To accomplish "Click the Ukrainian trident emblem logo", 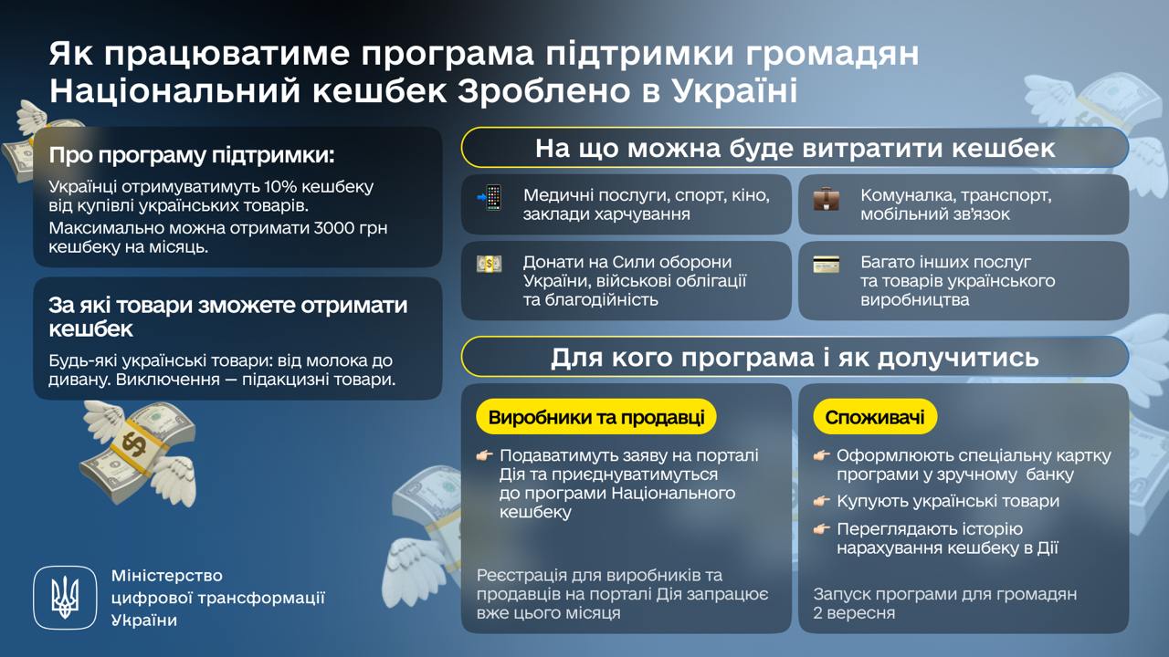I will coord(64,598).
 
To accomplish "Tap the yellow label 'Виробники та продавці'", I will coord(595,418).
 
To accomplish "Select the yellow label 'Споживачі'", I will coord(874,418).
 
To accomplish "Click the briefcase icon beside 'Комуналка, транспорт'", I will coord(826,198).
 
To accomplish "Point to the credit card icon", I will coord(826,265).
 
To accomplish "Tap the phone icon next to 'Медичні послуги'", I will coord(490,198).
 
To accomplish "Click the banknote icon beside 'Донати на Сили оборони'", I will coord(490,265).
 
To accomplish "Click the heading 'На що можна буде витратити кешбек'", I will coord(795,148).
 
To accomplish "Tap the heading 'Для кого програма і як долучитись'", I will coord(795,357).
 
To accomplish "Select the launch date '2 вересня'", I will coord(854,613).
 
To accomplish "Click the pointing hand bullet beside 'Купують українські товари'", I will coord(822,502).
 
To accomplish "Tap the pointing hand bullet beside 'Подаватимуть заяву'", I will coord(484,455).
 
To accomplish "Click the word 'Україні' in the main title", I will coord(734,91).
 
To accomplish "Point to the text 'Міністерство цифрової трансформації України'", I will coord(217,598).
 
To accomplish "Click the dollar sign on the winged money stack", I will coord(132,443).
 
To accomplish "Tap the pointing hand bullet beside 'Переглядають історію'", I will coord(822,529).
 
